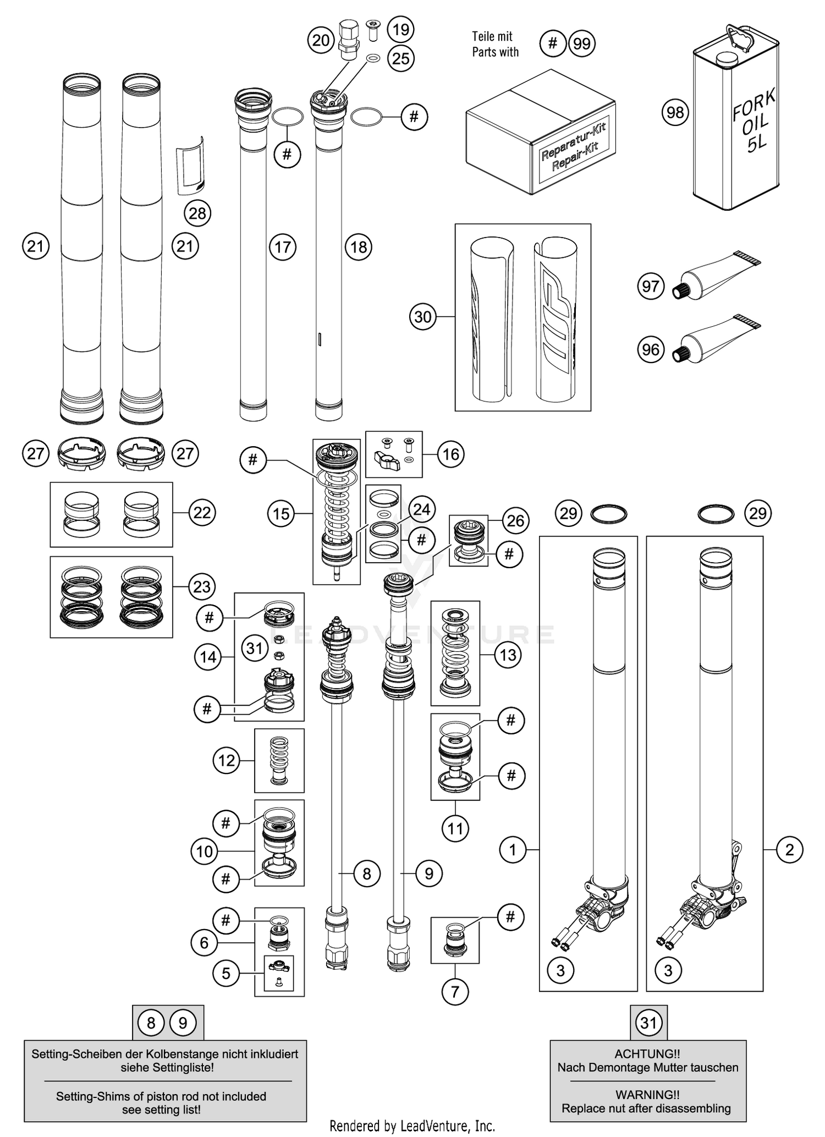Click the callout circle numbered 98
[x=675, y=112]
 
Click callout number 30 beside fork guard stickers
[x=423, y=317]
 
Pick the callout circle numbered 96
[x=651, y=349]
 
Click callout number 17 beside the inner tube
[x=283, y=247]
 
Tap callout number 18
[x=359, y=247]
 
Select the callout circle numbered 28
[x=197, y=213]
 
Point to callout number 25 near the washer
[x=401, y=58]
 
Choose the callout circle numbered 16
[x=450, y=454]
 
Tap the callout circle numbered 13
[x=508, y=655]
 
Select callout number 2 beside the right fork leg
[x=790, y=850]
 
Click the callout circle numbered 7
[x=455, y=992]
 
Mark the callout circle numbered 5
[x=226, y=974]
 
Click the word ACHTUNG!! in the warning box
[x=647, y=1054]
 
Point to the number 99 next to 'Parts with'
[x=582, y=43]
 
